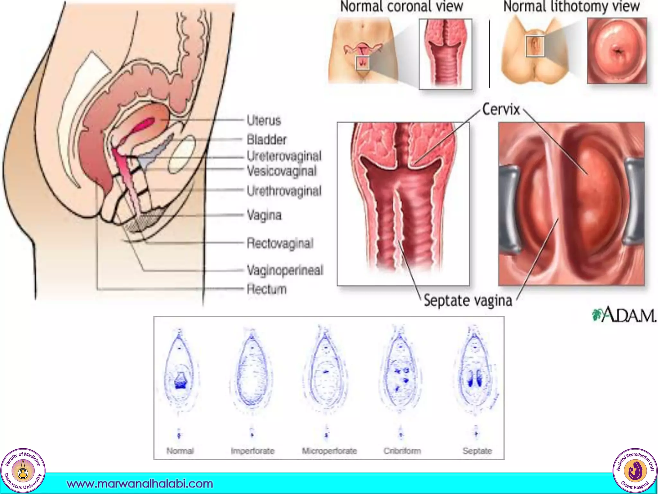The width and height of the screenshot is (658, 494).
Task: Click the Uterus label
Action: pyautogui.click(x=264, y=121)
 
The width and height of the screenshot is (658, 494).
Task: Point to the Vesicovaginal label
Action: pyautogui.click(x=281, y=171)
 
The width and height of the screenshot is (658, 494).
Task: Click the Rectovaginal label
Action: pyautogui.click(x=280, y=243)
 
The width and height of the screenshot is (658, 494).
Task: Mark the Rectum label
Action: pyautogui.click(x=266, y=289)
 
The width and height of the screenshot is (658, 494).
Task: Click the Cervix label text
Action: pyautogui.click(x=501, y=110)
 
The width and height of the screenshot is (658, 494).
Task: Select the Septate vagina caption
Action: pyautogui.click(x=468, y=301)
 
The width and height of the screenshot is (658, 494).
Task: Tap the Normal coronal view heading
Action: pyautogui.click(x=402, y=7)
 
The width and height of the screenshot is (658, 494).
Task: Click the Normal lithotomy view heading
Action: pyautogui.click(x=572, y=7)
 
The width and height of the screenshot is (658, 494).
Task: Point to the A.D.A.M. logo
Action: pyautogui.click(x=624, y=315)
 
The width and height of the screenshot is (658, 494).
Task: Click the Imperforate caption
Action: pyautogui.click(x=253, y=451)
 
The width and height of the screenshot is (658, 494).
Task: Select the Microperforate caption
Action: pyautogui.click(x=329, y=451)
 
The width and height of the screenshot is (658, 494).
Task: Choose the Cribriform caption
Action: pyautogui.click(x=402, y=451)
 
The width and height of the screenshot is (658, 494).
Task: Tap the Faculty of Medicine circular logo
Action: pyautogui.click(x=23, y=471)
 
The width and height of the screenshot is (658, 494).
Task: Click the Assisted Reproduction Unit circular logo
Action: pyautogui.click(x=635, y=471)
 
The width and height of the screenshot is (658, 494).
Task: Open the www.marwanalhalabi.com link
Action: pyautogui.click(x=140, y=484)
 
